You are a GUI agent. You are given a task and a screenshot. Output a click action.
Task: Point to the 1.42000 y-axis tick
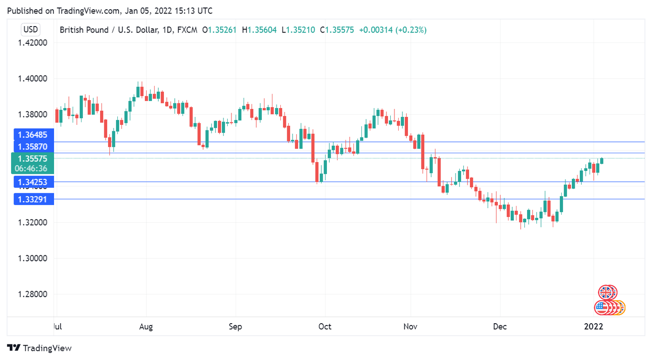coord(33,43)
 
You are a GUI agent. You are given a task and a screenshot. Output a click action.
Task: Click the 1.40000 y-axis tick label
coord(33,79)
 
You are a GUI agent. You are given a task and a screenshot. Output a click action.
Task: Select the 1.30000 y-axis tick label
coord(33,258)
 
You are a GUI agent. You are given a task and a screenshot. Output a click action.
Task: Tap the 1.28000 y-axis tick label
coord(33,294)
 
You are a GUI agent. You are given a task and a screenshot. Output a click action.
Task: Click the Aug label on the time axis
coord(146,326)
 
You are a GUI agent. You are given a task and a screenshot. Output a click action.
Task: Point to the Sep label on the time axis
coord(236,326)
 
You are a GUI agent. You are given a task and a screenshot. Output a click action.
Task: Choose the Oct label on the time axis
coord(325,326)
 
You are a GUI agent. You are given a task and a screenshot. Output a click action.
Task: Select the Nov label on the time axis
coord(410,326)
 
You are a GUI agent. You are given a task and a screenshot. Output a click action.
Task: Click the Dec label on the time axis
coord(500,326)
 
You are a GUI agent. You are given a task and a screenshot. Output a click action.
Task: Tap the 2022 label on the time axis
coord(594,326)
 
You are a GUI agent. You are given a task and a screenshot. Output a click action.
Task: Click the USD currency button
coord(31,30)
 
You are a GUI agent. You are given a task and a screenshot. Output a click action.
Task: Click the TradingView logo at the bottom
coord(40,348)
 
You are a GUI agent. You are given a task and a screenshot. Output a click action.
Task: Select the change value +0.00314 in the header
coord(375,30)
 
